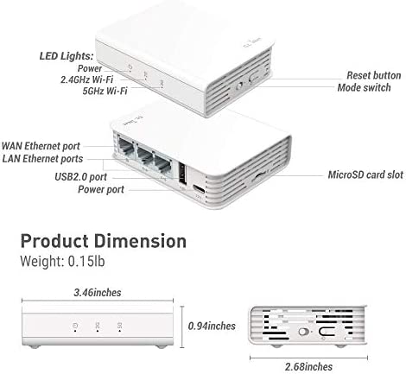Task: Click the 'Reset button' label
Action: click(373, 75)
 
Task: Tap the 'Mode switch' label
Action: click(364, 87)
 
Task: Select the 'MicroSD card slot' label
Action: click(365, 174)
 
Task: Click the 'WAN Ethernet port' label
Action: click(41, 146)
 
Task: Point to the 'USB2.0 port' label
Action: click(80, 177)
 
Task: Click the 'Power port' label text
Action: click(101, 189)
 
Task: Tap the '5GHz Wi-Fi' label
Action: click(105, 91)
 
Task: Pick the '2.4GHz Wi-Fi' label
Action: click(86, 79)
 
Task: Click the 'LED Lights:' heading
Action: click(67, 56)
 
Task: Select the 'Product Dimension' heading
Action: click(104, 241)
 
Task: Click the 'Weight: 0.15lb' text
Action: click(62, 261)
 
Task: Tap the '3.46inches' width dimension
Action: click(98, 293)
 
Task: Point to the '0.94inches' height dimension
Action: click(212, 326)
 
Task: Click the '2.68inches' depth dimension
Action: click(308, 367)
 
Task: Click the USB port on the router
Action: click(182, 174)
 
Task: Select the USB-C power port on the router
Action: click(199, 189)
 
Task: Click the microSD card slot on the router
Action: click(259, 175)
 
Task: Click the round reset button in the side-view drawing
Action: click(302, 332)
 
